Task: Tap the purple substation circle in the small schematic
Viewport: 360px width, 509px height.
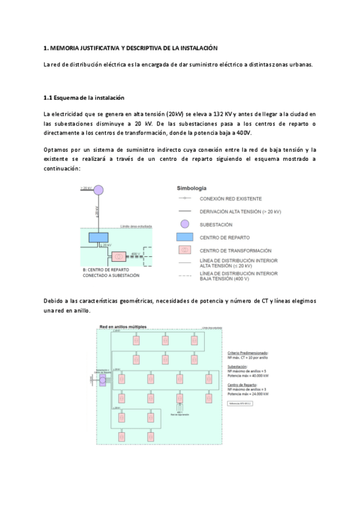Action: pos(98,190)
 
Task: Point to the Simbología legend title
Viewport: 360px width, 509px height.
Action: pos(192,188)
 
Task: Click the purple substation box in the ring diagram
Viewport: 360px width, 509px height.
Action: pos(103,381)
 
